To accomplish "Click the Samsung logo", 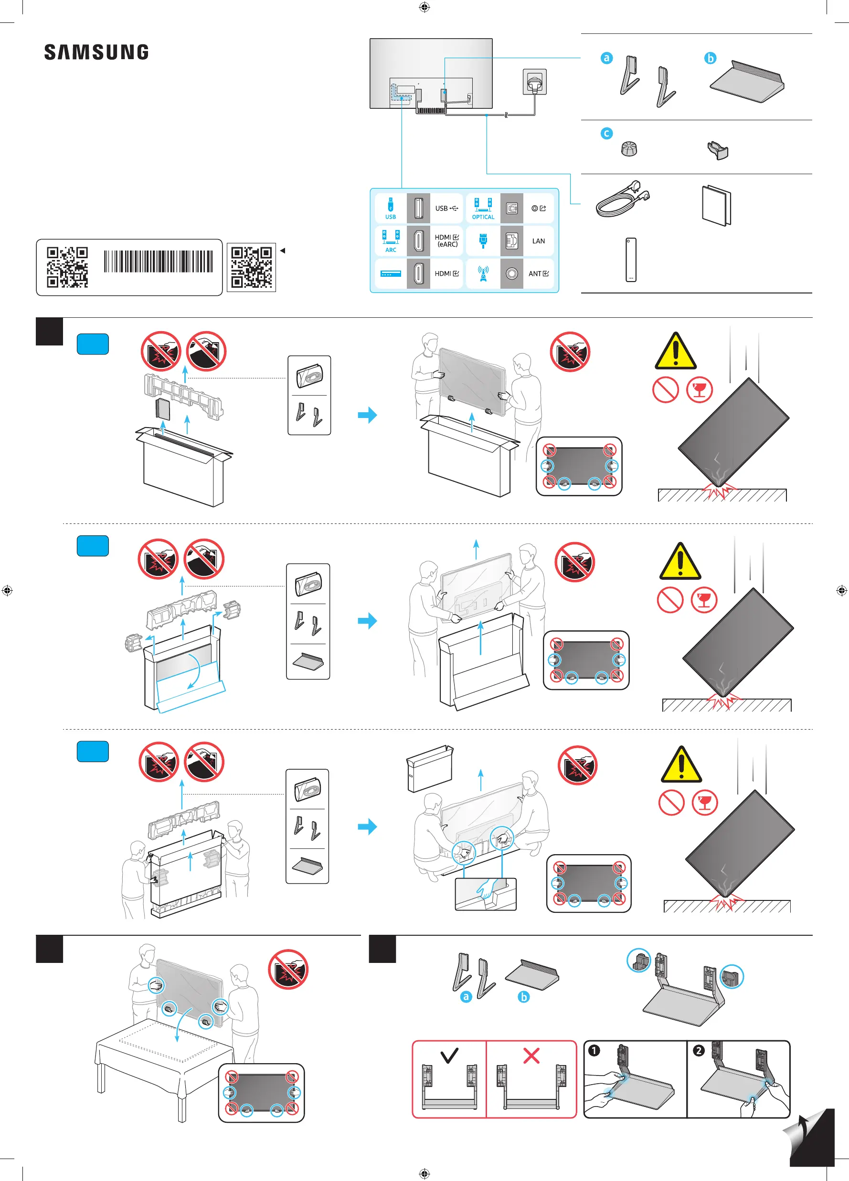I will (x=96, y=52).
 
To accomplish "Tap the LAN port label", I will (x=538, y=241).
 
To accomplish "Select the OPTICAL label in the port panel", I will (x=483, y=217).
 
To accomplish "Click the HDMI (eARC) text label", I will (x=446, y=240).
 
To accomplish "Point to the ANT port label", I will (x=535, y=273).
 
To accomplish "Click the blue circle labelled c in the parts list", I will (x=606, y=133).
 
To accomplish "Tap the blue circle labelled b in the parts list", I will (x=710, y=58).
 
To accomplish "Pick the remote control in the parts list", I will (x=631, y=260).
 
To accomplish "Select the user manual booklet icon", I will (x=716, y=205).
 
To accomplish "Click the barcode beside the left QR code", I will (x=159, y=261).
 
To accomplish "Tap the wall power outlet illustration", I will (x=535, y=82).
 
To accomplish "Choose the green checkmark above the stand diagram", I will (x=449, y=1055).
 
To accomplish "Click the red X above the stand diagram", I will (x=531, y=1056).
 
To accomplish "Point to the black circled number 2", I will (x=699, y=1050).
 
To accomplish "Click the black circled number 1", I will (x=594, y=1050).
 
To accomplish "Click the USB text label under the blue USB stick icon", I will (x=391, y=217).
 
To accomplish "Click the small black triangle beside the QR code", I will (x=283, y=251).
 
